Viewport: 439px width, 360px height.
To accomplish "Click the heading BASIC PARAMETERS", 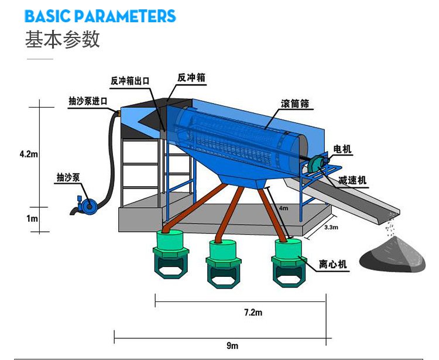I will point(100,16).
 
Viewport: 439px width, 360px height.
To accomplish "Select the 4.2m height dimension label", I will point(28,154).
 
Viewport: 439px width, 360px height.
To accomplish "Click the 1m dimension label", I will point(32,218).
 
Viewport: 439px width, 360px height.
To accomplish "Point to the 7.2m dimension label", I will point(253,313).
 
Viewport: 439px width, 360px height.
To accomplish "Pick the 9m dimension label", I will point(232,345).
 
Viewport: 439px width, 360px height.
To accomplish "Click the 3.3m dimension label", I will point(331,227).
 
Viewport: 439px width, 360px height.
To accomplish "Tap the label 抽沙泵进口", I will point(88,101).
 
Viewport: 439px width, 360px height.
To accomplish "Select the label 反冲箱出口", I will point(131,80).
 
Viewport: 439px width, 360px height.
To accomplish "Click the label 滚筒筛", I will point(295,104).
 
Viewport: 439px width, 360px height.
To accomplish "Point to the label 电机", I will point(342,150).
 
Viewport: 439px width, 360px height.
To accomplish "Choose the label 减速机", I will point(354,181).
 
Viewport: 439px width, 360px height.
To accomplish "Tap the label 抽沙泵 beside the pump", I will point(68,177).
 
